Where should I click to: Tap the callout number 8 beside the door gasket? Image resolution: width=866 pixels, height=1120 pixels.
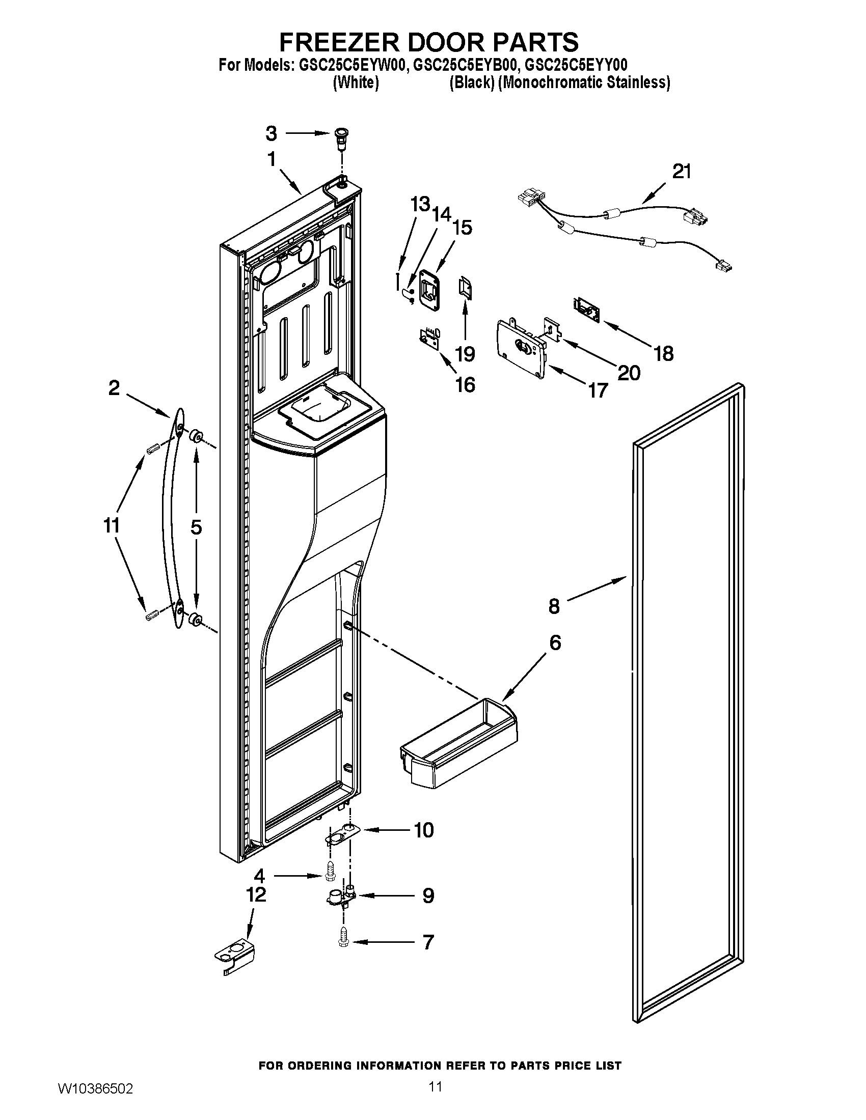554,606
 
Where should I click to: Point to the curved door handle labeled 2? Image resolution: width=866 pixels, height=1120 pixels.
172,518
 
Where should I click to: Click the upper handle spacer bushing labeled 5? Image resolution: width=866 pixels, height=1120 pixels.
195,437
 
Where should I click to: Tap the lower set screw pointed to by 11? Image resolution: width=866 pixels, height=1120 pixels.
151,615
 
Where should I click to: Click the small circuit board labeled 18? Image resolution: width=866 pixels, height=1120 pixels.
585,310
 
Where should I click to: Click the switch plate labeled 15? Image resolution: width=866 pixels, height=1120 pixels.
429,290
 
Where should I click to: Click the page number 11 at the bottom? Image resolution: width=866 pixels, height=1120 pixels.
435,1099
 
